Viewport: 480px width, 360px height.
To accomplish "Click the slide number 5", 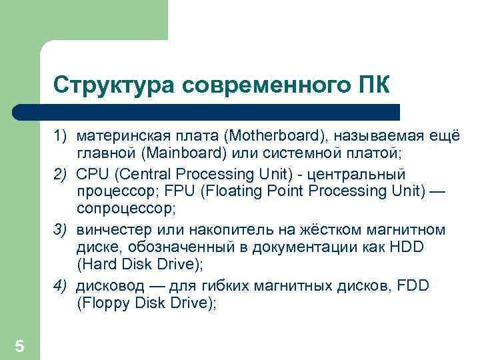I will [19, 346].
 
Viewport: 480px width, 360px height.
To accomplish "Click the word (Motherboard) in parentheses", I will [275, 137].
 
